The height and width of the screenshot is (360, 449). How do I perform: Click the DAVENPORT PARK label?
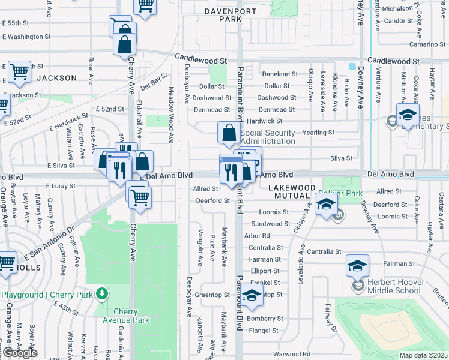coord(213,15)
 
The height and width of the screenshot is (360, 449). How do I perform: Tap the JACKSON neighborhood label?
coord(56,78)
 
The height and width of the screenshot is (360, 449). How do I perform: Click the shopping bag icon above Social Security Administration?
coord(229,133)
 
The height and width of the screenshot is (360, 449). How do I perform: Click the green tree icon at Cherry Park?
coord(103,293)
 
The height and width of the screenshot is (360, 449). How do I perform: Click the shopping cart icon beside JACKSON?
coord(19,72)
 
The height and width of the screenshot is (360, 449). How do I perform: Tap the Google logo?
coord(20,353)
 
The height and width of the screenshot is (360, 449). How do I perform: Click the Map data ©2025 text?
coord(423,355)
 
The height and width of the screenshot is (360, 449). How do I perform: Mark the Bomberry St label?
coord(268,319)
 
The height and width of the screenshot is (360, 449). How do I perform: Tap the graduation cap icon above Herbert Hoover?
coord(357,265)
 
